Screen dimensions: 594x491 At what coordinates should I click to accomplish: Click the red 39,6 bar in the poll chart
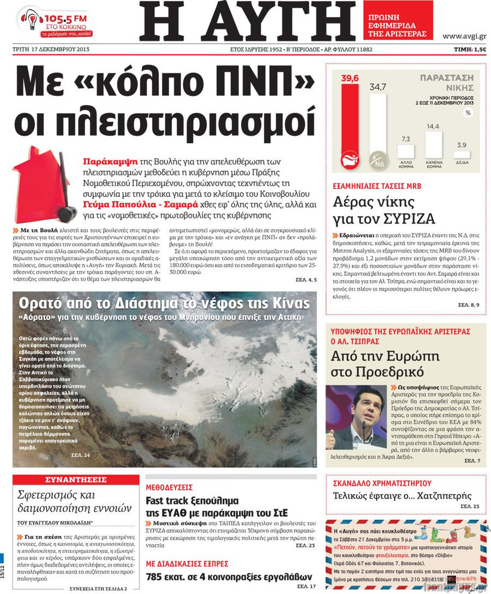point(350,126)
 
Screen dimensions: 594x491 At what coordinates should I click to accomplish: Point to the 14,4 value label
point(433,127)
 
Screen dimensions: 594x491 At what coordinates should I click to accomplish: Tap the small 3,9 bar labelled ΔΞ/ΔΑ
point(462,155)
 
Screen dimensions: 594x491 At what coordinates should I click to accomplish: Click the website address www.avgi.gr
point(464,37)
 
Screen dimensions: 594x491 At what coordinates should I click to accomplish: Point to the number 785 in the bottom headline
point(155,577)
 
